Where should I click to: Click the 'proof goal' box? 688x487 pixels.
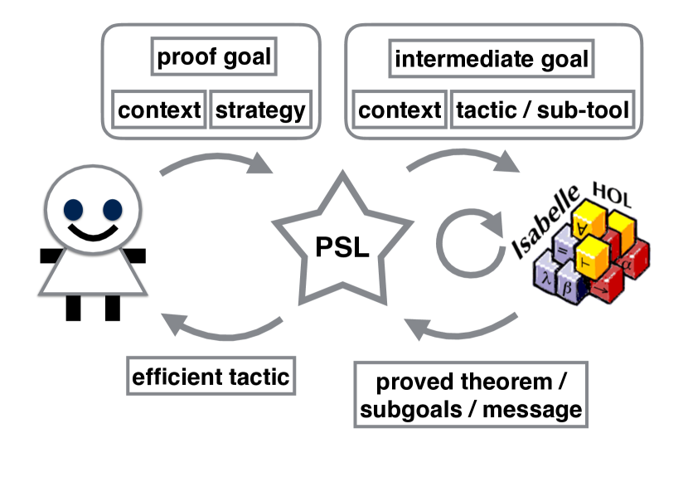[214, 56]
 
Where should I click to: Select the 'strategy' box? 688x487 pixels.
[260, 110]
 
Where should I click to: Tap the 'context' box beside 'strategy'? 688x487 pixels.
[159, 110]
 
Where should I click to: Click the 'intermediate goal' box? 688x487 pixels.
[492, 59]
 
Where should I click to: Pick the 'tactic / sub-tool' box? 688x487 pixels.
[543, 110]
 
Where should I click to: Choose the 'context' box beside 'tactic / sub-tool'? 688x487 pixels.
[400, 110]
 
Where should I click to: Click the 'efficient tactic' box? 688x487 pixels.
[211, 377]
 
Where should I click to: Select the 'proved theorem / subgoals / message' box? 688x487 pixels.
[471, 395]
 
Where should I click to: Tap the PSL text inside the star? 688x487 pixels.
[342, 246]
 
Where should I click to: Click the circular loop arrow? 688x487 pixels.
[470, 243]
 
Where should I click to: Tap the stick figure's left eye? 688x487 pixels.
[73, 210]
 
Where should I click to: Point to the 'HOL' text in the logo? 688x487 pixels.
[612, 194]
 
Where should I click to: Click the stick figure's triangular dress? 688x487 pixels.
[93, 272]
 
